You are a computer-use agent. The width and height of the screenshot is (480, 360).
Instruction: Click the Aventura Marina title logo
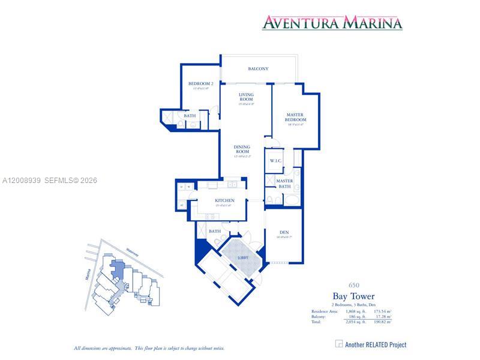click(332, 23)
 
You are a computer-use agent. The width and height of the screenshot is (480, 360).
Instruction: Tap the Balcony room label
click(258, 69)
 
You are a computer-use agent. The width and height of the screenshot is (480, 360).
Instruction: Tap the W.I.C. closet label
click(276, 161)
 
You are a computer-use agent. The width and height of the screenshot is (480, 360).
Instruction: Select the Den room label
click(284, 232)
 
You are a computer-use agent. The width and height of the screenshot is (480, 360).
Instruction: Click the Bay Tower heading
click(353, 296)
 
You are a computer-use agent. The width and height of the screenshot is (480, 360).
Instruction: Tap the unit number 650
click(354, 284)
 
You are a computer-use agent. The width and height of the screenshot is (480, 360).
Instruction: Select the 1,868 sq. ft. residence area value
click(355, 311)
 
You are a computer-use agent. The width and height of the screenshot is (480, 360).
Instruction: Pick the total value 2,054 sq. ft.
click(355, 322)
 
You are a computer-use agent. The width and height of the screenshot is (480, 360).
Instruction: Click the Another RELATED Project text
click(376, 344)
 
